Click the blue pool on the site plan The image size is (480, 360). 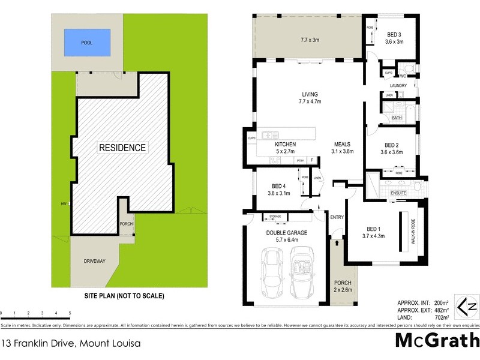click(87, 42)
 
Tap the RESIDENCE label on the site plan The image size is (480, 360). click(122, 147)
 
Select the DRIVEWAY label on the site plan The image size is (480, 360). click(94, 261)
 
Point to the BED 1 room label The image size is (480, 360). click(373, 229)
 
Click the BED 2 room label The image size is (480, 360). click(392, 145)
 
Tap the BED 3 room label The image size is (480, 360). click(394, 34)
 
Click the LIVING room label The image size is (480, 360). click(310, 94)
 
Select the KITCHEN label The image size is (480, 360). click(285, 145)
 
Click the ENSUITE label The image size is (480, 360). click(399, 193)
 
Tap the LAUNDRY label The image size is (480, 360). click(398, 86)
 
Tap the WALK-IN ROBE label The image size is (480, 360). click(413, 231)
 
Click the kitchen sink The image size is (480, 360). click(267, 135)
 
